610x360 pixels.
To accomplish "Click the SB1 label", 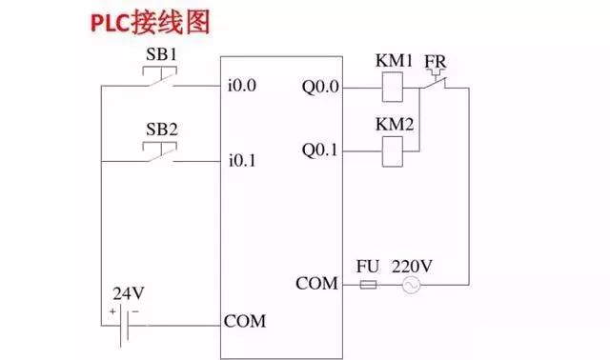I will tap(161, 54).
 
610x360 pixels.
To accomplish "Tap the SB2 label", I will tap(161, 128).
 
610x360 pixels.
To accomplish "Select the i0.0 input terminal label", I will tap(243, 87).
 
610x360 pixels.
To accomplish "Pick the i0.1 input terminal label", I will tap(243, 160).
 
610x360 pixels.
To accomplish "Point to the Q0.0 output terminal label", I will tap(320, 88).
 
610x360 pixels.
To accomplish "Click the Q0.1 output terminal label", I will tap(320, 150).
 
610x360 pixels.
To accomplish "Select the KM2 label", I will tap(395, 125).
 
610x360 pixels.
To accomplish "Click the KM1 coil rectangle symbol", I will tap(395, 89).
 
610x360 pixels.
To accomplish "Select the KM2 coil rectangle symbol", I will tap(395, 150).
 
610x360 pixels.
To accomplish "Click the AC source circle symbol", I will tap(412, 285).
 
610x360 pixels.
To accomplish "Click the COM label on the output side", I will tap(317, 284).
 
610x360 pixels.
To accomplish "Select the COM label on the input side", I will tap(245, 321).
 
